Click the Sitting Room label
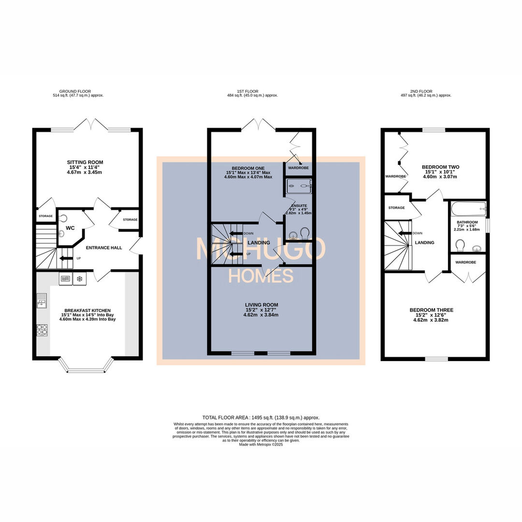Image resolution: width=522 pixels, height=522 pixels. click(85, 162)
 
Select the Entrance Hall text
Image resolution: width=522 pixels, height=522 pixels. click(103, 247)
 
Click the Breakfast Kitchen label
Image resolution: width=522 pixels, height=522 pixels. click(87, 310)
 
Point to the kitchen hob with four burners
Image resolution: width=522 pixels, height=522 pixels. click(42, 330)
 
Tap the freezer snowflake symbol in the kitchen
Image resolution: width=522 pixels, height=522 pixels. click(79, 278)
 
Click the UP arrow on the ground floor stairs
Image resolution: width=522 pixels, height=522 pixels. click(63, 258)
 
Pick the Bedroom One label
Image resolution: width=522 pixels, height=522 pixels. click(248, 168)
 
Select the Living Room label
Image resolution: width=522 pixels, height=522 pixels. click(261, 304)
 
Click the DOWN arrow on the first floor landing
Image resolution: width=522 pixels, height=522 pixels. click(236, 233)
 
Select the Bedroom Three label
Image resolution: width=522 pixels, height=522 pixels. click(432, 310)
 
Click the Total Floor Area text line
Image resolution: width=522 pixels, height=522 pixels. click(261, 417)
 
